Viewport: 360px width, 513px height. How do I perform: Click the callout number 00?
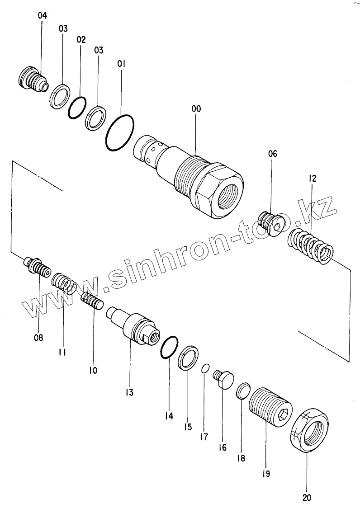click(196, 109)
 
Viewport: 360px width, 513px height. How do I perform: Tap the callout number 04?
click(42, 15)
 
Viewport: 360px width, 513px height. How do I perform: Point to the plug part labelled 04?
click(33, 80)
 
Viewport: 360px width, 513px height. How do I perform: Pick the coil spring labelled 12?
click(312, 245)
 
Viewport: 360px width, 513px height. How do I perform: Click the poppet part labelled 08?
click(37, 268)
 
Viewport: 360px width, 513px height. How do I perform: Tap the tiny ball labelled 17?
click(205, 368)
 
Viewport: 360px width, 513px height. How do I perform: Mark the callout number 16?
click(222, 447)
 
